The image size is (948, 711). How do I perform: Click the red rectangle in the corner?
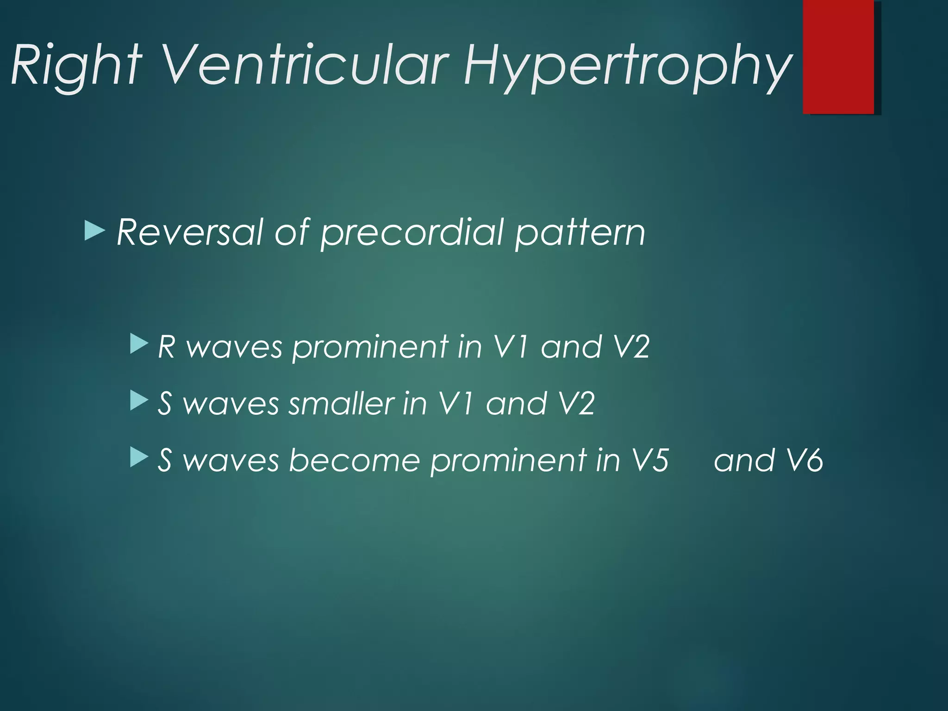838,56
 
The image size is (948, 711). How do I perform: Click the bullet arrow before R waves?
138,345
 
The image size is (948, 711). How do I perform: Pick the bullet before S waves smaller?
138,401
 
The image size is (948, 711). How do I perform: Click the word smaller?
342,403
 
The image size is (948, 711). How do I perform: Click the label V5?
650,460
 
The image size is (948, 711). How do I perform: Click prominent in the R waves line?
370,347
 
